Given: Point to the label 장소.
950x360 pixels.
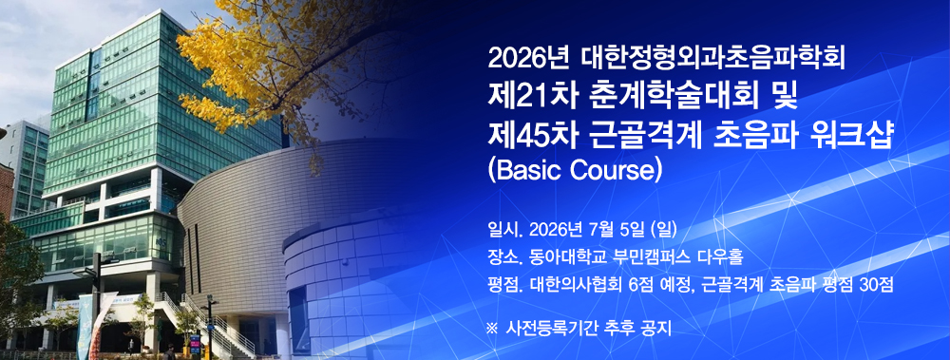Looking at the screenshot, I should (x=500, y=256).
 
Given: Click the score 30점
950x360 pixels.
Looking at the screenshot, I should (x=873, y=284).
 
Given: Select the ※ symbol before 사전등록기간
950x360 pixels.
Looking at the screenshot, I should (x=491, y=330).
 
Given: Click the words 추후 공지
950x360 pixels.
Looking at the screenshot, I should (x=637, y=330).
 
